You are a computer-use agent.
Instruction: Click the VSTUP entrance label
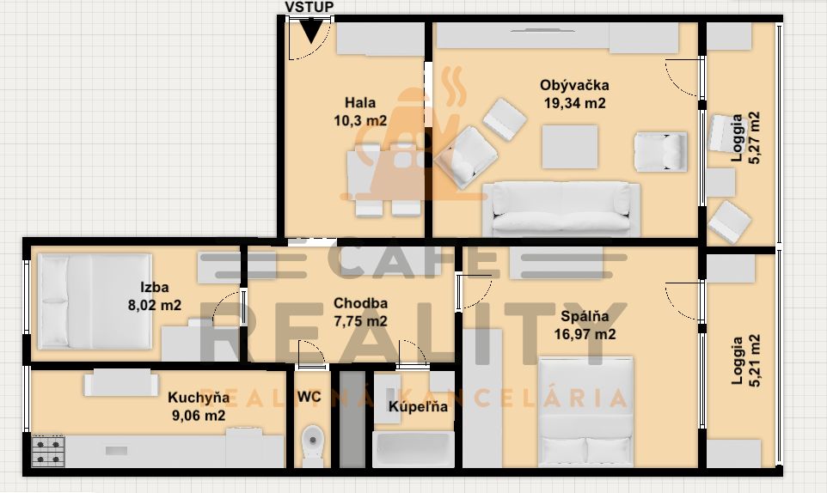click(309, 7)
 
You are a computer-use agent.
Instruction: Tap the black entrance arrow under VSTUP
click(311, 32)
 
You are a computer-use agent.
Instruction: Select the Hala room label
click(360, 102)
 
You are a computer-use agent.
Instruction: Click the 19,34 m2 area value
click(575, 103)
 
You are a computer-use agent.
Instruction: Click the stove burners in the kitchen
click(48, 452)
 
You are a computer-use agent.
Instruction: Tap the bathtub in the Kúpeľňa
click(413, 448)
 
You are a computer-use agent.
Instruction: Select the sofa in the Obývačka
click(561, 210)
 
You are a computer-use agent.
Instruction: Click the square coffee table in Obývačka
click(570, 147)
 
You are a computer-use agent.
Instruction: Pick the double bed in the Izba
click(95, 301)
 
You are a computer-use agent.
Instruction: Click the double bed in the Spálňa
click(585, 412)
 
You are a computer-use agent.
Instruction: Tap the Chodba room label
click(360, 303)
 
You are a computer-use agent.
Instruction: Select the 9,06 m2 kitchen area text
click(199, 416)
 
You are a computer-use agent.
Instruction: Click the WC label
click(309, 397)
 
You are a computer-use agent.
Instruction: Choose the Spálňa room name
click(585, 316)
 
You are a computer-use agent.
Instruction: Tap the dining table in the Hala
click(384, 175)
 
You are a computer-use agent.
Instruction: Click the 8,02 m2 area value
click(155, 305)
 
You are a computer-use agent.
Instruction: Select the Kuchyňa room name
click(199, 398)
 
